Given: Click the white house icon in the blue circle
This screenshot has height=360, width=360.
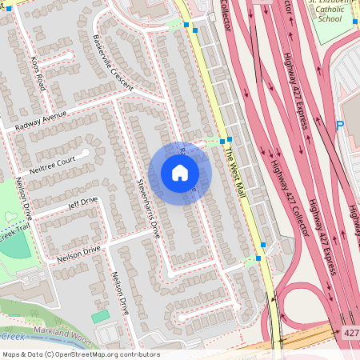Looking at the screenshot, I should pos(180,173).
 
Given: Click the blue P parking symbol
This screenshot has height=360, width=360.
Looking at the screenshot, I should pos(340,125).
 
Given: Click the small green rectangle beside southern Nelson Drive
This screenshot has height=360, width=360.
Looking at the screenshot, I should pos(100,317).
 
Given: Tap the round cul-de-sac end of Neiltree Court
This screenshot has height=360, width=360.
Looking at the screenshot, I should pos(86,151).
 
